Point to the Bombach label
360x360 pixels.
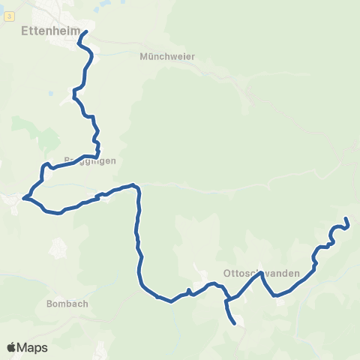tap(67, 304)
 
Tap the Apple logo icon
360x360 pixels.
tap(11, 347)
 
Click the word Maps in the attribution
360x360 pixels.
tap(33, 347)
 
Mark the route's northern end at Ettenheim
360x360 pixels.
tap(86, 31)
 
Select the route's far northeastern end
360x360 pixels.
tap(346, 218)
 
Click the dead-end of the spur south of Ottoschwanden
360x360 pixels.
tap(235, 324)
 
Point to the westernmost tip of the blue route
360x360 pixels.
tap(24, 198)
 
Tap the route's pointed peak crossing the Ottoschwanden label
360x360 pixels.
tap(262, 273)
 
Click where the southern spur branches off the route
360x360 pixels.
tap(226, 301)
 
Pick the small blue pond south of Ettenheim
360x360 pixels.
tap(50, 94)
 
